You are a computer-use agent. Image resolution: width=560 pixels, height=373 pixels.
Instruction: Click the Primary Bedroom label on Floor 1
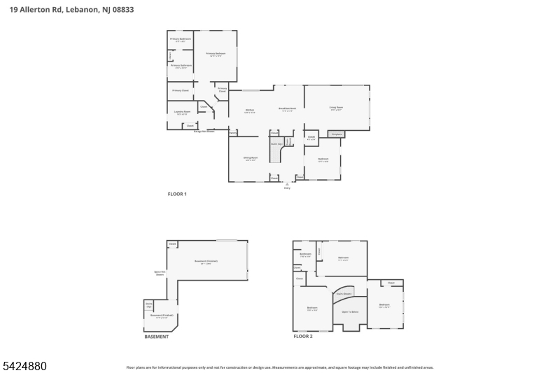(216, 54)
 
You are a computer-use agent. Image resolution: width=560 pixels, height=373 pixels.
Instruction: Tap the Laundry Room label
(181, 113)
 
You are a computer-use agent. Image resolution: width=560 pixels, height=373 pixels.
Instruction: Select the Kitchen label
(249, 111)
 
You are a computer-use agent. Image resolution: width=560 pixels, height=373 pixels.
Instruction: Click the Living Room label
(336, 108)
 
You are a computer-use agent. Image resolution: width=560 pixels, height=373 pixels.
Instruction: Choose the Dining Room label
(250, 159)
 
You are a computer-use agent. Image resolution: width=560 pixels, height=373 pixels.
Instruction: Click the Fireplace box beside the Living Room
(336, 133)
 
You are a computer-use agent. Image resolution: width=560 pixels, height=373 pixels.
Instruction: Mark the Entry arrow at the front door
(287, 185)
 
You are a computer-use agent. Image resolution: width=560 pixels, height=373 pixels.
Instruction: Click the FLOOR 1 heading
(177, 194)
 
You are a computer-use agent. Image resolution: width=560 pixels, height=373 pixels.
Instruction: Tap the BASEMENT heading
(156, 337)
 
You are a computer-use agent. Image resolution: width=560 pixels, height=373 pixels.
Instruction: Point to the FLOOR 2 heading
(303, 337)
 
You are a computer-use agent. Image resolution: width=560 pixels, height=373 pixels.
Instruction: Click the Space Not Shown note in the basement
(160, 274)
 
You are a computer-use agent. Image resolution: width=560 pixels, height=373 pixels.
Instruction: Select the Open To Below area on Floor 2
(350, 312)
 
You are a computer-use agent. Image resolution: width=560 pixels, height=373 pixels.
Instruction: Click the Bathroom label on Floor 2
(305, 254)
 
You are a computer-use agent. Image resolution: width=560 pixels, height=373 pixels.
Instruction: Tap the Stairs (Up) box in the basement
(149, 305)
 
